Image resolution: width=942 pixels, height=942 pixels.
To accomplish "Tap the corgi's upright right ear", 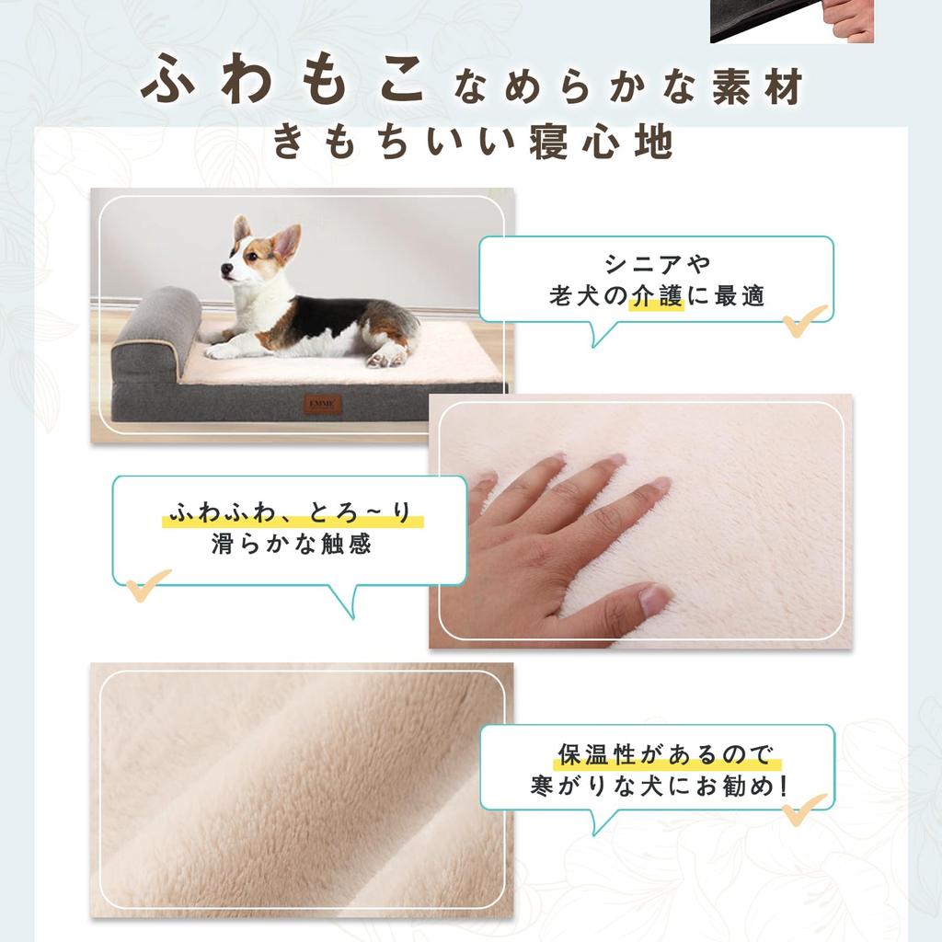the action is pyautogui.click(x=287, y=242).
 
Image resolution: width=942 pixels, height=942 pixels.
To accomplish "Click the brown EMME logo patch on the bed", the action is pyautogui.click(x=322, y=404).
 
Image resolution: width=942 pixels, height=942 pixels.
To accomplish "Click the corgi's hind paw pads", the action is pyautogui.click(x=385, y=358).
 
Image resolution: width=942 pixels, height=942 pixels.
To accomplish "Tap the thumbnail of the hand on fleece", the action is pyautogui.click(x=640, y=522).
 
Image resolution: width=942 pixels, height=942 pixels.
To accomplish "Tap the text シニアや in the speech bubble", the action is pyautogui.click(x=657, y=263).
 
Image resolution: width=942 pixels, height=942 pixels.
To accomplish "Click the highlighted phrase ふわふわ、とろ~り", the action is pyautogui.click(x=293, y=513).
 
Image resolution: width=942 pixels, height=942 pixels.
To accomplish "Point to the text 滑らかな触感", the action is pyautogui.click(x=292, y=544).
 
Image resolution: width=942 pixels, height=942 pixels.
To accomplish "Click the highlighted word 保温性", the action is pyautogui.click(x=597, y=754).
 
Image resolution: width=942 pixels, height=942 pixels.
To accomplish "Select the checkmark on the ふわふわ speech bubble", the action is pyautogui.click(x=148, y=585).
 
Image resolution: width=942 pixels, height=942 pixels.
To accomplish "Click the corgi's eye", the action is pyautogui.click(x=252, y=257).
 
